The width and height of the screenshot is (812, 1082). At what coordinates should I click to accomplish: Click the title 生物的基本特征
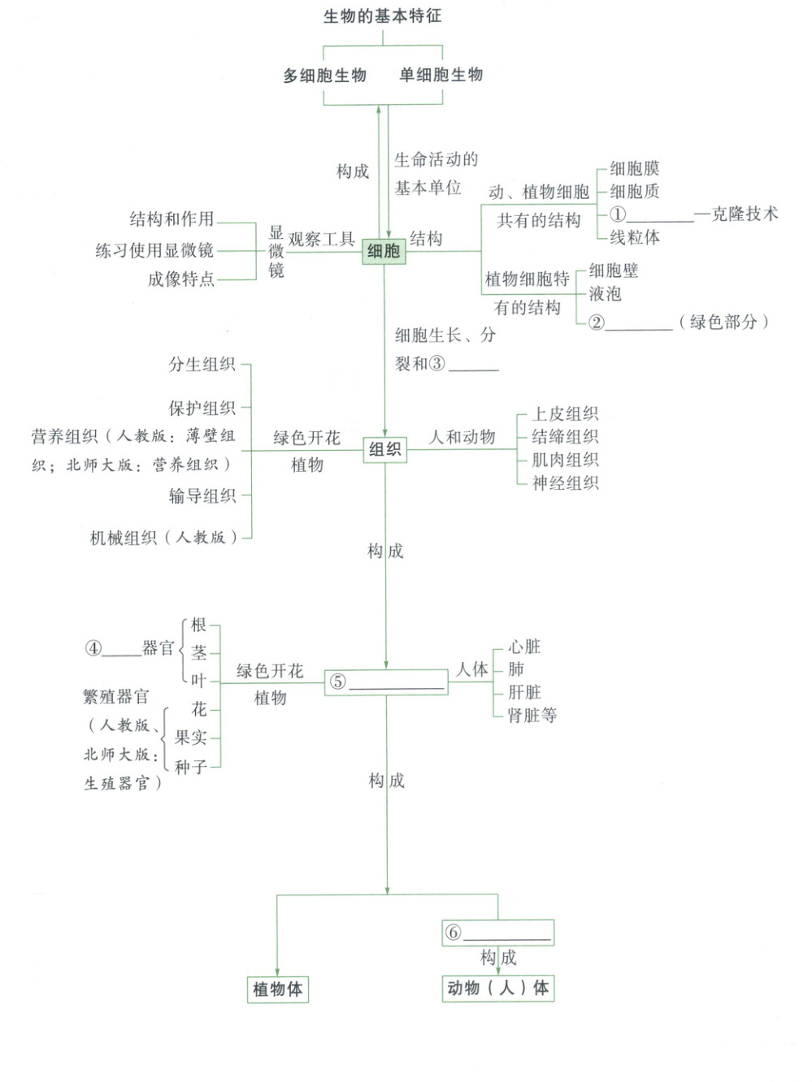(382, 16)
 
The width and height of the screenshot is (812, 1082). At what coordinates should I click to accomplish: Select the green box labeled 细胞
(384, 251)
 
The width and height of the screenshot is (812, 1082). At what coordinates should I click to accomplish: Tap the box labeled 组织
(384, 449)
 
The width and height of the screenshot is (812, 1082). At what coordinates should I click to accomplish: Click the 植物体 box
(278, 989)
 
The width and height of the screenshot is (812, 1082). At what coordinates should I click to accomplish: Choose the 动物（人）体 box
(497, 988)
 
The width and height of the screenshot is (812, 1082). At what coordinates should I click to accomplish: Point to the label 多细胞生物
(325, 76)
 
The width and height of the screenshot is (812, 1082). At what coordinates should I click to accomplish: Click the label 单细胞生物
(441, 75)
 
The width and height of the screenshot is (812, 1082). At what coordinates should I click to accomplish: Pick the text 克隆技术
(745, 214)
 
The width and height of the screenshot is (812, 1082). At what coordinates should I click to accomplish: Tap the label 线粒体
(635, 237)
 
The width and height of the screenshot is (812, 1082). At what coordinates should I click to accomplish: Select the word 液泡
(606, 293)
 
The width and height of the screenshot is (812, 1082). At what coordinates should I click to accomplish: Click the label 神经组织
(565, 483)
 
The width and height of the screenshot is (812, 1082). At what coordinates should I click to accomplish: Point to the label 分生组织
(202, 365)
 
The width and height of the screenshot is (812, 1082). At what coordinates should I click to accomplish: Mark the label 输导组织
(202, 496)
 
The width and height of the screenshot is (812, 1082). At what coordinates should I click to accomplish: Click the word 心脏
(524, 647)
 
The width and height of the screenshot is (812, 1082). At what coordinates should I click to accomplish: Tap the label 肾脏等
(532, 716)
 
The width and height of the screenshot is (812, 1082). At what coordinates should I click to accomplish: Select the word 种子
(191, 767)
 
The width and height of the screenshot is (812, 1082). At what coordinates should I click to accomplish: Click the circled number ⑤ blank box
(387, 682)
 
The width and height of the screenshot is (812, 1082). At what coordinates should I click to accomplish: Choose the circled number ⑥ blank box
(497, 933)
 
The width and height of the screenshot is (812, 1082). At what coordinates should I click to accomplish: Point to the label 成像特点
(180, 279)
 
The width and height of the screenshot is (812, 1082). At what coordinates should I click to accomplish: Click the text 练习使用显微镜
(154, 250)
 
